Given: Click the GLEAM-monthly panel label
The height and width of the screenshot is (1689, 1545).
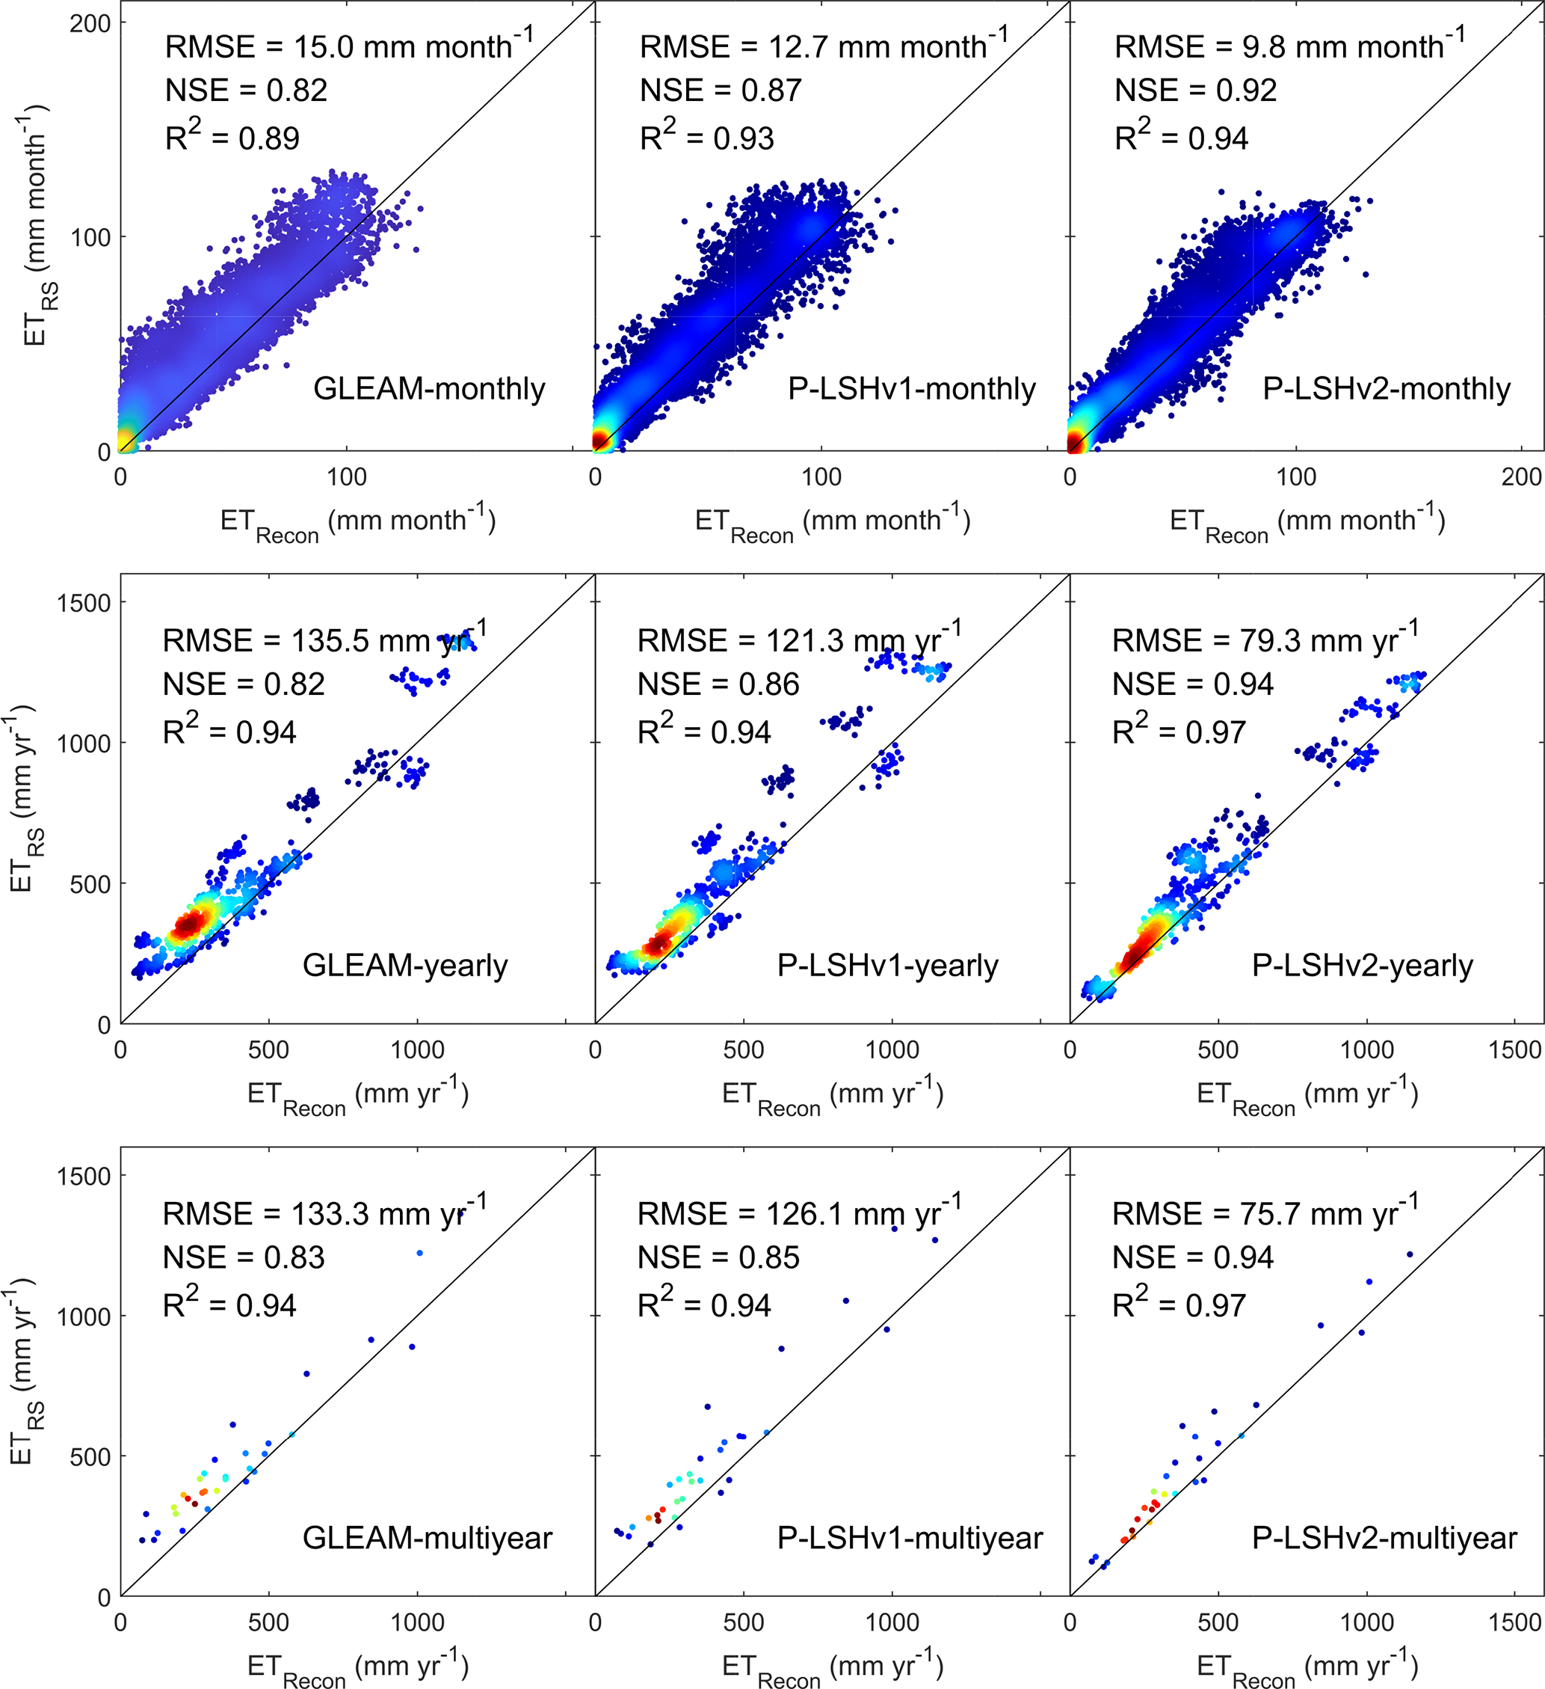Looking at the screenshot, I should (x=429, y=389).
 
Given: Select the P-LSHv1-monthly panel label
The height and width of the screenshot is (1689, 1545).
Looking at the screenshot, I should (x=911, y=389).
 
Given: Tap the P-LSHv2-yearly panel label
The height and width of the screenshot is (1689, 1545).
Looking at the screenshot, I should (x=1362, y=965).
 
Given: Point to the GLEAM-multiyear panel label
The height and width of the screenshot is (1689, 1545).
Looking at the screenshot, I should (x=427, y=1538).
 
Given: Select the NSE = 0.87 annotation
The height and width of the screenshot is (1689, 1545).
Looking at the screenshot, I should (x=720, y=91).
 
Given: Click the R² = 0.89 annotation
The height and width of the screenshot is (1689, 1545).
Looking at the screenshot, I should (x=232, y=137).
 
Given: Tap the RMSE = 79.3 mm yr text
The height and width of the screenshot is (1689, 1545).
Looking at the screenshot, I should (x=1265, y=640).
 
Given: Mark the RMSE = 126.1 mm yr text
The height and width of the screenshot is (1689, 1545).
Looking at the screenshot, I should (x=799, y=1213).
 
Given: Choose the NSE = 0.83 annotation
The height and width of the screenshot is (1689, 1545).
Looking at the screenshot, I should (x=243, y=1257).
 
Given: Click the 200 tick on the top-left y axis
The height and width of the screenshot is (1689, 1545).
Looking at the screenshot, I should (x=90, y=23).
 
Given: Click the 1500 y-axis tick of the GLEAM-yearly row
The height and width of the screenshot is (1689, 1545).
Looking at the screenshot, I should (x=83, y=603).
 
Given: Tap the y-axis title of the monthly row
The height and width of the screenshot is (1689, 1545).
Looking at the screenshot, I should (x=36, y=226).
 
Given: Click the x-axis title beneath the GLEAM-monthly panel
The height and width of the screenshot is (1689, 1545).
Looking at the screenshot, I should (x=357, y=523).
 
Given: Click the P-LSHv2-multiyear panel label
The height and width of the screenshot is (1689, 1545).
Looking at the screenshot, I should (x=1384, y=1538).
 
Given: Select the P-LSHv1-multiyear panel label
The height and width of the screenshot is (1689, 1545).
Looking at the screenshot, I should (x=910, y=1538).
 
